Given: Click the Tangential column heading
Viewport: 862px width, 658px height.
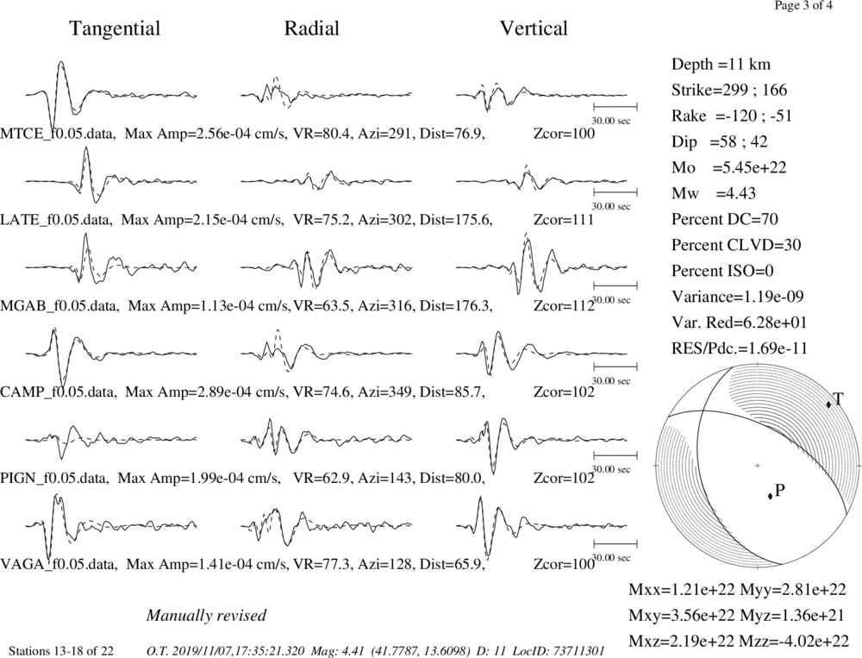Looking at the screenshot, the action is coord(115,29).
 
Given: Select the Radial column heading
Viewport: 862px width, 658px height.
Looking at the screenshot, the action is coord(312,28).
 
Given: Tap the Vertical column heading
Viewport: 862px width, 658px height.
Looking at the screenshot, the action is coord(534,28).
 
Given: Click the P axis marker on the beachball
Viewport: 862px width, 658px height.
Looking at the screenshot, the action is coord(770,496).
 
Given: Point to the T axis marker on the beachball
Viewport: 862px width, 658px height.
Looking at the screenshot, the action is coord(828,404).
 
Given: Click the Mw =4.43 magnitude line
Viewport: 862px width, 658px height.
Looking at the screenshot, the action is coord(714,194).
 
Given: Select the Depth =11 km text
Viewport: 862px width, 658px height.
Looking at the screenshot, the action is coord(721,65).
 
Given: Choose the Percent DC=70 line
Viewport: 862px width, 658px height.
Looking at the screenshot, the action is coord(725,220).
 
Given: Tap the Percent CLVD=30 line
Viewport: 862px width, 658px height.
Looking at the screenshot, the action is coord(736,246).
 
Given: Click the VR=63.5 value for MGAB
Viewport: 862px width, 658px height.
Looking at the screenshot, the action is coord(322,306).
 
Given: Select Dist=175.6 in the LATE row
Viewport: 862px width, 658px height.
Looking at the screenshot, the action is coord(456,220).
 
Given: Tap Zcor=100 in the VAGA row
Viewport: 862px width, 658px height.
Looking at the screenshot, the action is coord(564,565).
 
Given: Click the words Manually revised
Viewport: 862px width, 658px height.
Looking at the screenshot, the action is coord(206,616).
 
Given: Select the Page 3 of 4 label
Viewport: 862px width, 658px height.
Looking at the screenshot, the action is coord(803,6).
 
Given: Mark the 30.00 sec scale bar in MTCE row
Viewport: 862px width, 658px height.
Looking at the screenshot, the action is coord(615,107).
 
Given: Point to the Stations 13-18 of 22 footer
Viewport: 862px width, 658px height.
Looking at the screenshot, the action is coord(61,651).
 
